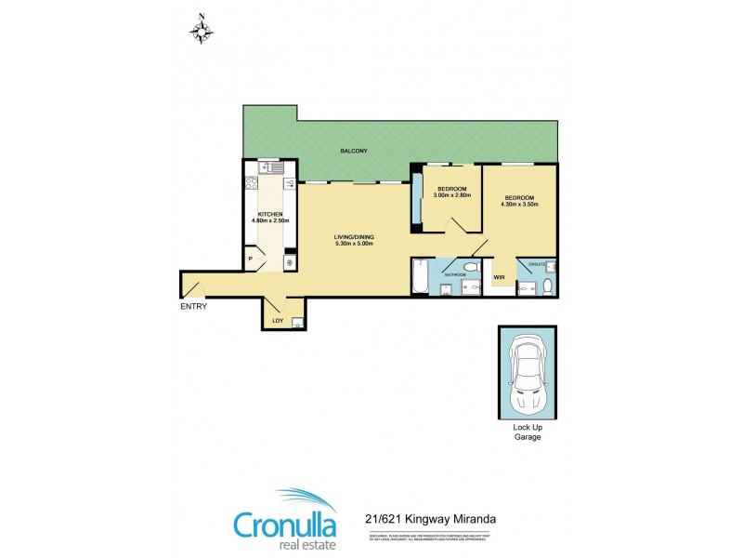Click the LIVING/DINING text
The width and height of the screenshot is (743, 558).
pyautogui.click(x=355, y=237)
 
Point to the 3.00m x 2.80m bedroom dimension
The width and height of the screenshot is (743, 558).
pyautogui.click(x=453, y=195)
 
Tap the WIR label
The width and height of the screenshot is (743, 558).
pyautogui.click(x=499, y=276)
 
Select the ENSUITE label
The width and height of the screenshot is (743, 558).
pyautogui.click(x=536, y=263)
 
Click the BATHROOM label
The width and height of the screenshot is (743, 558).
pyautogui.click(x=454, y=275)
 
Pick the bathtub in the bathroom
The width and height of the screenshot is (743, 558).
pyautogui.click(x=420, y=277)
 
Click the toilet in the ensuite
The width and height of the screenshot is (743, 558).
pyautogui.click(x=548, y=285)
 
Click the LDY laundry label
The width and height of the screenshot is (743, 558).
pyautogui.click(x=277, y=322)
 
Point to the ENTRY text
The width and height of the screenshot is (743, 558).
pyautogui.click(x=194, y=307)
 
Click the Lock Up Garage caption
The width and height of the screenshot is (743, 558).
pyautogui.click(x=527, y=431)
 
